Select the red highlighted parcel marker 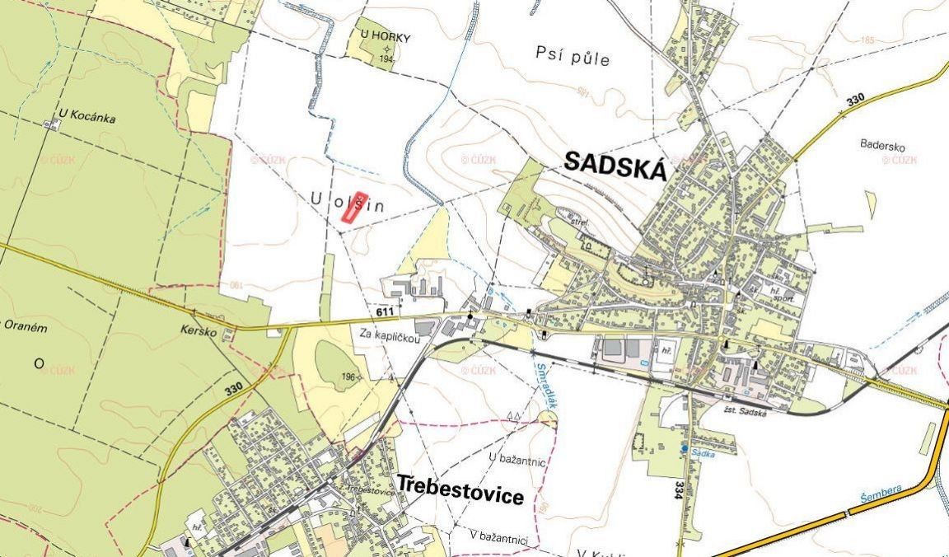pos(353,211)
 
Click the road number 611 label pos(384,314)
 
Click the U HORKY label pos(385,38)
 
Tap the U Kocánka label pos(86,117)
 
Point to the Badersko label pos(882,147)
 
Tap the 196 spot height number pos(348,378)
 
